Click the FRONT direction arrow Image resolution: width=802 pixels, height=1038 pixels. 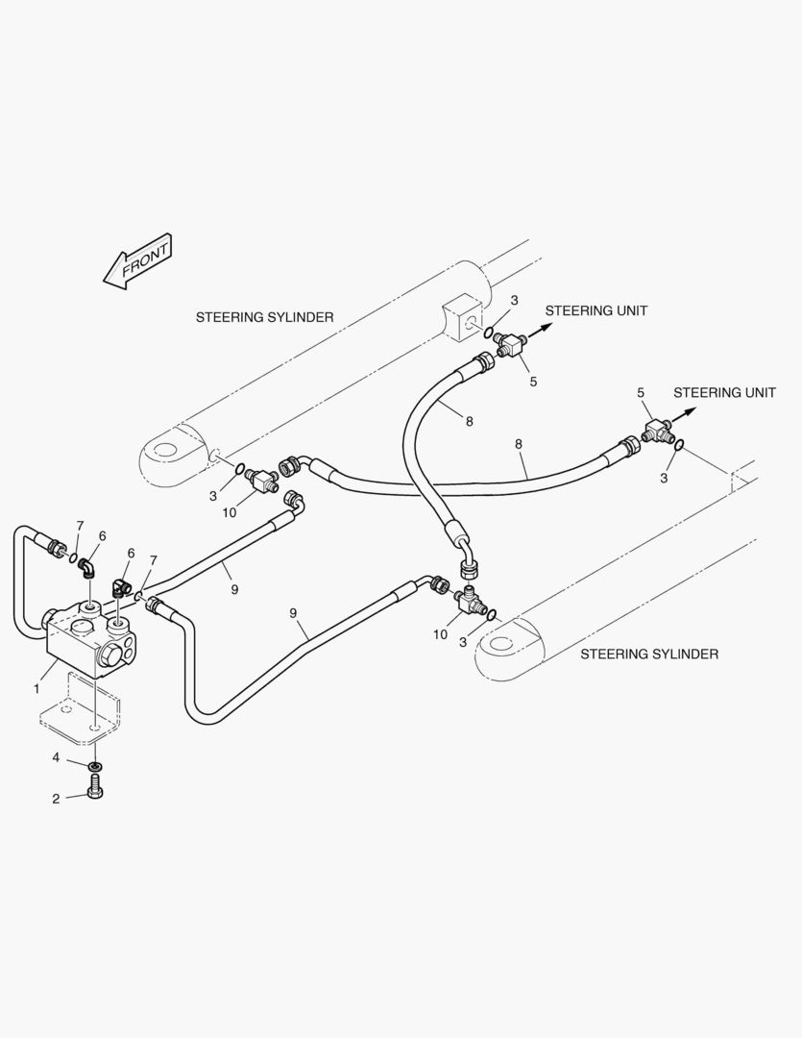(x=136, y=260)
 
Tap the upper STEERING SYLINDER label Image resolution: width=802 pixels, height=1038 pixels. (x=264, y=316)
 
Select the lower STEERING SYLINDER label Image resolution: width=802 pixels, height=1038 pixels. (x=649, y=654)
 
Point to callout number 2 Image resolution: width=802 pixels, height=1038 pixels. (x=57, y=798)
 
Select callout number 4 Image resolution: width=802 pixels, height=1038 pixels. (x=57, y=758)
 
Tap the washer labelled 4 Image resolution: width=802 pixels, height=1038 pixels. (x=94, y=765)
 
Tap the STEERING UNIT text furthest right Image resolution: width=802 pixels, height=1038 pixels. (x=724, y=392)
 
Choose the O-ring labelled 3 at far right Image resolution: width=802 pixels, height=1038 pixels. (x=679, y=443)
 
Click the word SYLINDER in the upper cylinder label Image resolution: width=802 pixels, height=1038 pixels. (x=299, y=316)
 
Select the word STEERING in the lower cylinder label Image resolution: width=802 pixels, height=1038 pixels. (x=616, y=654)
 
